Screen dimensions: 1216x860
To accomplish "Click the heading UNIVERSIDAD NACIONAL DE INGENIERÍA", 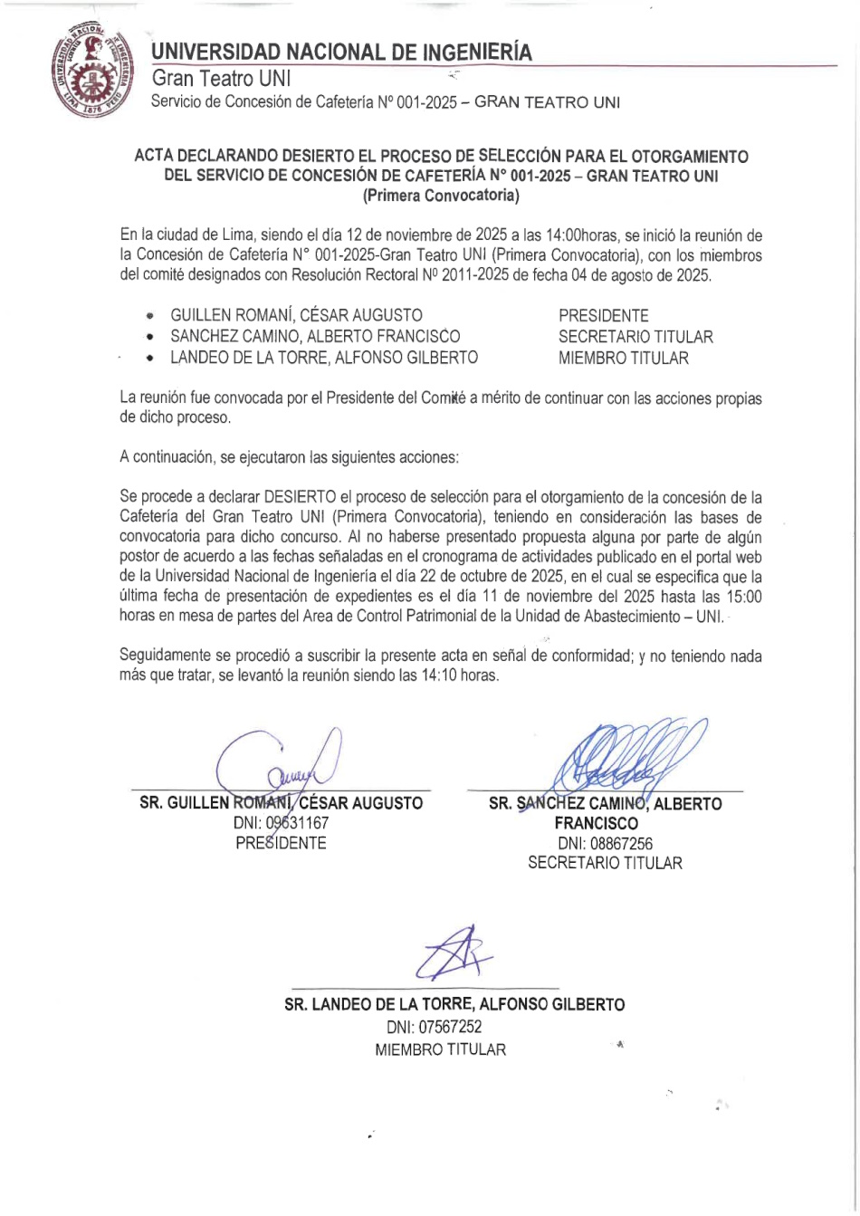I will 341,51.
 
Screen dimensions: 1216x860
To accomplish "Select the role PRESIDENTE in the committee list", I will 603,316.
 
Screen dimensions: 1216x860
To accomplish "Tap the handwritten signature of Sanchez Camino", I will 625,756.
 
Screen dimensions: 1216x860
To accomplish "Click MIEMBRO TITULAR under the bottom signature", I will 441,1050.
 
